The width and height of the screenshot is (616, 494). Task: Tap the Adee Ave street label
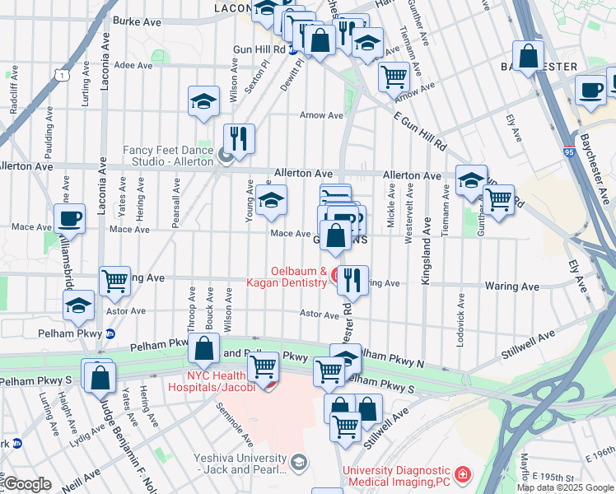coord(134,65)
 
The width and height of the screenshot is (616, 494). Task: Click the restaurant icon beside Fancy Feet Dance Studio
coord(239,138)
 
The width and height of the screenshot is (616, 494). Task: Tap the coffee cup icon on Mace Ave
coord(69,218)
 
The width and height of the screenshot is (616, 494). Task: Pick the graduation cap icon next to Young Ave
coord(271,200)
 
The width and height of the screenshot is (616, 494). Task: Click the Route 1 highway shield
coord(62,75)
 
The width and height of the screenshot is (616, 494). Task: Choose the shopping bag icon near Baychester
coord(529,56)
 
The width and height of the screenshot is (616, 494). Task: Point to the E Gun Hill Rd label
coord(419,133)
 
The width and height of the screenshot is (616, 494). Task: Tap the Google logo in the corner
coord(28,483)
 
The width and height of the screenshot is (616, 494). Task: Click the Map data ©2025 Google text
coord(565,487)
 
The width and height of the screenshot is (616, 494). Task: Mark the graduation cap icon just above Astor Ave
coord(79,305)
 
